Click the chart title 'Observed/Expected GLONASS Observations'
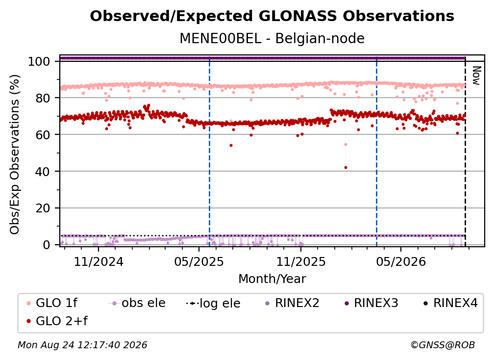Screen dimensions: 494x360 pos(272,16)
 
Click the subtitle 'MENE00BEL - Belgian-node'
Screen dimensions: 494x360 pos(272,38)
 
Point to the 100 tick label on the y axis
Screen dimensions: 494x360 pos(39,61)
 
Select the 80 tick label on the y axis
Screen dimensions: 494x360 pos(43,98)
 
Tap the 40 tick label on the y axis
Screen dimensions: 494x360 pos(43,172)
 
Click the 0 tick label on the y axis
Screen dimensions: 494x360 pos(46,245)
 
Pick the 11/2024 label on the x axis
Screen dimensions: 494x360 pos(99,261)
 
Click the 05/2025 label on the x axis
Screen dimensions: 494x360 pos(199,261)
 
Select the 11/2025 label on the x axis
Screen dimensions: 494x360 pos(301,261)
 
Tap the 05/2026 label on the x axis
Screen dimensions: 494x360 pos(401,261)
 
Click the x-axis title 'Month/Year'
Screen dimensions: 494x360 pos(272,279)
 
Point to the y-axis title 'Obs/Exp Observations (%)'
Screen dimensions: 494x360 pos(15,154)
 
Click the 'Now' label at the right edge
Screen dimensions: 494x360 pos(476,76)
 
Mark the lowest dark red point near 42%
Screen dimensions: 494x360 pos(346,167)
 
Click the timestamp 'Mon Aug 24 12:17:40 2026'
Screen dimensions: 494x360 pos(82,345)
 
